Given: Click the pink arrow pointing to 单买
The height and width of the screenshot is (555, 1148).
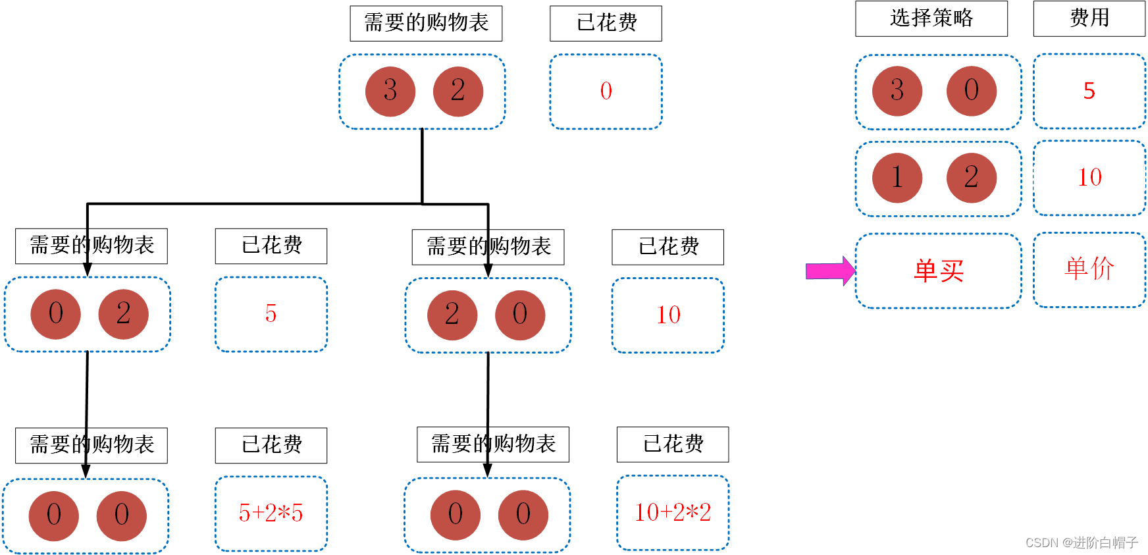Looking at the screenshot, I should [829, 271].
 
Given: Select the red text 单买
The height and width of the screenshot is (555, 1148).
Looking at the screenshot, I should [938, 271].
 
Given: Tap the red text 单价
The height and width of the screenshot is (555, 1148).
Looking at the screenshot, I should [1089, 269].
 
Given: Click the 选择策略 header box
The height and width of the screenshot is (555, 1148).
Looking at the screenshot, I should [931, 18].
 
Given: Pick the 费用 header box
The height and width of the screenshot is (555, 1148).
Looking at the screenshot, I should [1089, 18].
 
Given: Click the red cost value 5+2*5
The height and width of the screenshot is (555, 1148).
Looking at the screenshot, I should [271, 513].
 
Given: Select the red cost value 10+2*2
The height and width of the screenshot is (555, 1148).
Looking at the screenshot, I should [672, 512].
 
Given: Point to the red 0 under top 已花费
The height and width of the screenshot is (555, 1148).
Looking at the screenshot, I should [606, 91].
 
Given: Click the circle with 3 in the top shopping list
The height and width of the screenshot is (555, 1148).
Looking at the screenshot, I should [390, 91].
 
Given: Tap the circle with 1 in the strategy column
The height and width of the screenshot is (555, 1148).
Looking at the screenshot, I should [897, 178].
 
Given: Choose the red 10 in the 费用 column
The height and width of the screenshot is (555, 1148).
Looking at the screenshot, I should [1089, 177].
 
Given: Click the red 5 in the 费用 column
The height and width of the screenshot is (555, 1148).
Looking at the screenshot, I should [1089, 91].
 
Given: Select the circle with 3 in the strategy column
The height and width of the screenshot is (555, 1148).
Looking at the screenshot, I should [897, 91].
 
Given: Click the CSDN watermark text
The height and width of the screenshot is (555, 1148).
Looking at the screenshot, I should [1081, 542].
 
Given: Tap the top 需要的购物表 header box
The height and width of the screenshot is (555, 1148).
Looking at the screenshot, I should [426, 23].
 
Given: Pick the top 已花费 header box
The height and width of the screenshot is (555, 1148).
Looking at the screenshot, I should [606, 23].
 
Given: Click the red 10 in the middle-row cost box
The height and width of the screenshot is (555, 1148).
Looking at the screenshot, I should [668, 315].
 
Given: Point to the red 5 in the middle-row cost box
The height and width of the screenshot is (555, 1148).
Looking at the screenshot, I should [271, 313].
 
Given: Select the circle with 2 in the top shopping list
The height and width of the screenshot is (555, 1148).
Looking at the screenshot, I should [458, 91].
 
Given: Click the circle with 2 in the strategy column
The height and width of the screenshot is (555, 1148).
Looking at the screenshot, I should [971, 178].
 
